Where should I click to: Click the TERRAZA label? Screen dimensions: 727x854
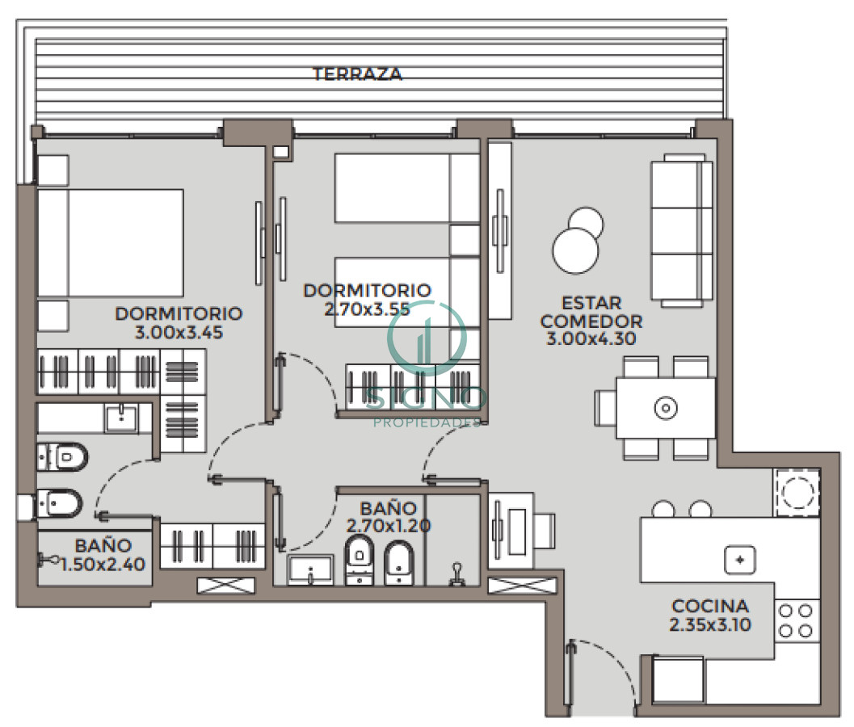(x=357, y=74)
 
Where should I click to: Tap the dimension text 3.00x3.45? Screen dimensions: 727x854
(x=179, y=331)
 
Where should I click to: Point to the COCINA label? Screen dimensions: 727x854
(x=710, y=606)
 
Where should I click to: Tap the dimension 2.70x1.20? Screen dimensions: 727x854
(x=388, y=526)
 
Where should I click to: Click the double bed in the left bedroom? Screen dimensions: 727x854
(x=109, y=242)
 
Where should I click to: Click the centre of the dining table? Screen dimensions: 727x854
(x=665, y=408)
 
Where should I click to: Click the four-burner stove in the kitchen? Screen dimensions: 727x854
(x=795, y=620)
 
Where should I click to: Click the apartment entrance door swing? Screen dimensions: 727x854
(x=602, y=674)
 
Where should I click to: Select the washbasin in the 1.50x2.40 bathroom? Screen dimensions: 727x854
(x=121, y=417)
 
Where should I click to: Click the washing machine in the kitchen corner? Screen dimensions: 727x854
(x=795, y=492)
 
